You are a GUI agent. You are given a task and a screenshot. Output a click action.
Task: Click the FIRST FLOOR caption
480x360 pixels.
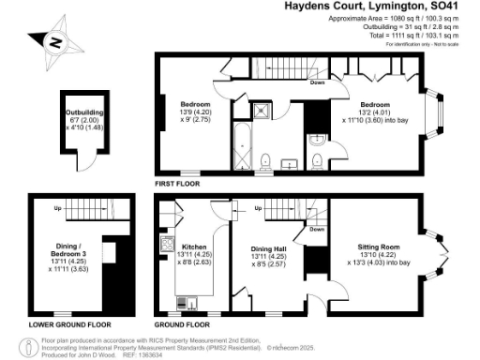click(x=177, y=185)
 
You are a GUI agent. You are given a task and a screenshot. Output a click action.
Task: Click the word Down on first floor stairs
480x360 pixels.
click(x=318, y=82)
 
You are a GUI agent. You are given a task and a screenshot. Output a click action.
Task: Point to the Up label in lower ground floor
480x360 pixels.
click(x=57, y=207)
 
